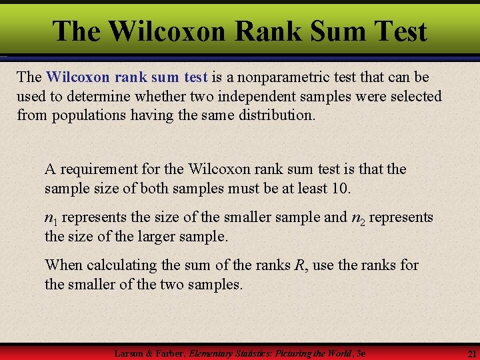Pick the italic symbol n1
pyautogui.click(x=50, y=219)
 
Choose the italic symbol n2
pyautogui.click(x=358, y=219)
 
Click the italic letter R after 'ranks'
pyautogui.click(x=299, y=265)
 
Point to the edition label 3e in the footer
pyautogui.click(x=361, y=353)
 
